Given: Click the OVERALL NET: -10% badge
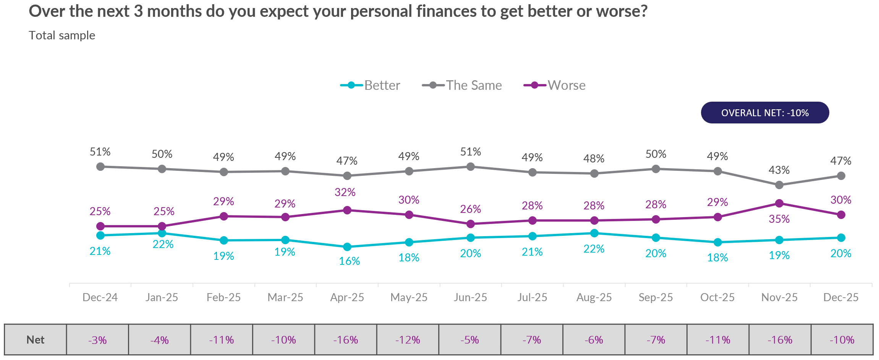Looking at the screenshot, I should (765, 113).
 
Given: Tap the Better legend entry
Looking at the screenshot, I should (371, 85).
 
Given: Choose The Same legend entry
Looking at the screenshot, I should (462, 85).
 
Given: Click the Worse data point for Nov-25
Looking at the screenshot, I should (779, 203).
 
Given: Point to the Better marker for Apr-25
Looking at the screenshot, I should (347, 247).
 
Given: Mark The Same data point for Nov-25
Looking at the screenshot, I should (779, 185).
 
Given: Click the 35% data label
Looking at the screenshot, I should (779, 219).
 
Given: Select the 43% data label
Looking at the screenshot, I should (779, 170).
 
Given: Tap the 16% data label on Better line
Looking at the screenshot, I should (350, 261).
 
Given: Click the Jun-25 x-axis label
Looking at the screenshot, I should (470, 297).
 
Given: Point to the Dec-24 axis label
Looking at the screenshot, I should (100, 297).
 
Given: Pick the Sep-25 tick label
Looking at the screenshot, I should (656, 297).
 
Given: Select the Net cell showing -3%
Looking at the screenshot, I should (97, 340).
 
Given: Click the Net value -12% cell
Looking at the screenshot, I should (408, 340).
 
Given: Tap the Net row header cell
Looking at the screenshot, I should (36, 340).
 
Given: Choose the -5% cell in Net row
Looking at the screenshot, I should (469, 340).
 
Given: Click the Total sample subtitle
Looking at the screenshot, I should (62, 36).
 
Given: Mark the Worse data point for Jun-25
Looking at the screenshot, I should (471, 224).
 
